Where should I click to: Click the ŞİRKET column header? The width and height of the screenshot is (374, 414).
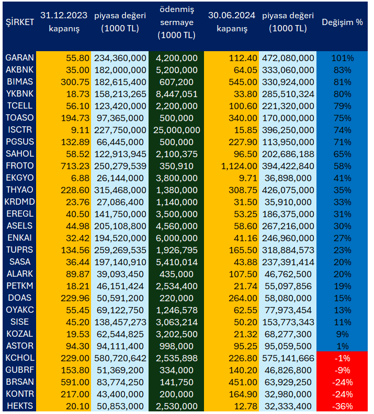20,22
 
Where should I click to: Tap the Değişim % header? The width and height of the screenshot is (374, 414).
342,22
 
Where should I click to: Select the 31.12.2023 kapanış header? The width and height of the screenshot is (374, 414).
64,22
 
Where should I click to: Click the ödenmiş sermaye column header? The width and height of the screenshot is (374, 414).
176,22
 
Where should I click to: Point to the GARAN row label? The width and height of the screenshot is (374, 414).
20,58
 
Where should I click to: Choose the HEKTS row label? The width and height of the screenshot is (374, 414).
20,406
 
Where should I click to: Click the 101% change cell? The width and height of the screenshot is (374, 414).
343,58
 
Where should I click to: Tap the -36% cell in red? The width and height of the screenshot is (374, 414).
343,406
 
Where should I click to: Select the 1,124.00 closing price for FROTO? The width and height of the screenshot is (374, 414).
239,166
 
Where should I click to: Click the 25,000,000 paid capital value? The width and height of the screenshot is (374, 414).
176,130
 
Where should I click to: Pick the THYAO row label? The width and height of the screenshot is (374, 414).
20,190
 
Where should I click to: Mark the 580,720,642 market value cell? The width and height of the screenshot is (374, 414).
120,358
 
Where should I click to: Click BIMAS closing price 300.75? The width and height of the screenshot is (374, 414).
75,82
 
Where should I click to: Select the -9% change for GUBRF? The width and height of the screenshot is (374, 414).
343,370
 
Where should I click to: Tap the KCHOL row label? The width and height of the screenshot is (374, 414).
20,358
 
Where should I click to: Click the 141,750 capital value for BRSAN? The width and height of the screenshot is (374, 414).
176,382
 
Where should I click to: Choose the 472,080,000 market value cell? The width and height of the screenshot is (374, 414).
288,58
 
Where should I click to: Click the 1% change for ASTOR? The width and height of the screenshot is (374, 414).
343,346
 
